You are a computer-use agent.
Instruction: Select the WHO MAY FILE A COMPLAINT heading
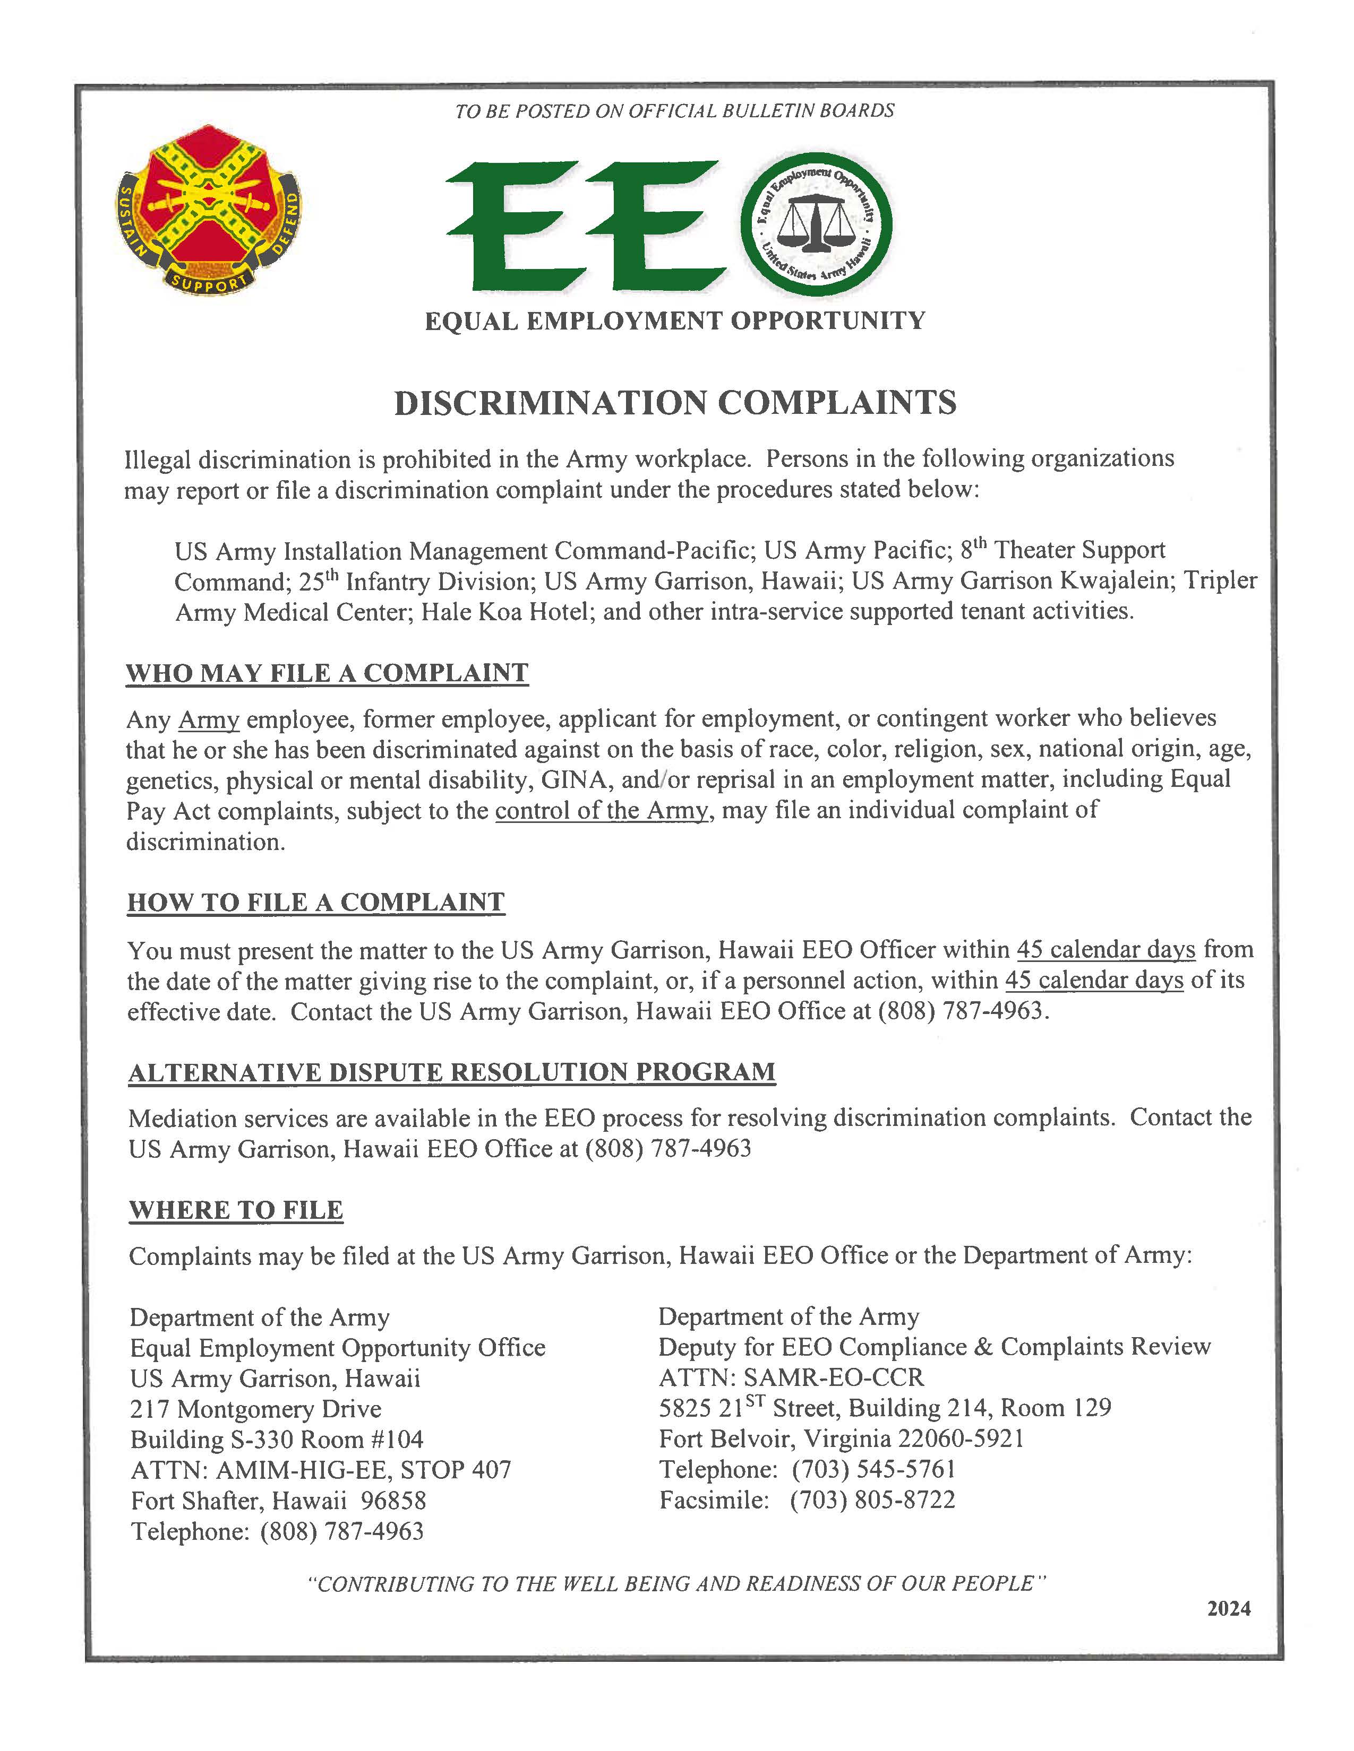coord(327,673)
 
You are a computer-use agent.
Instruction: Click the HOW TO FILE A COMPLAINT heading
coord(316,902)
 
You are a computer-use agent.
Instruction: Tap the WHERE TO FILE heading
coord(236,1210)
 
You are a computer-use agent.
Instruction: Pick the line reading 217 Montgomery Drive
coord(255,1409)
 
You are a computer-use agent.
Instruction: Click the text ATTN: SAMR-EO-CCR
coord(791,1377)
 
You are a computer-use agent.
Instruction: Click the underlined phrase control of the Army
coord(602,811)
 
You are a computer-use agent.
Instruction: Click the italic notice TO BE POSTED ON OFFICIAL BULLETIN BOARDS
coord(674,111)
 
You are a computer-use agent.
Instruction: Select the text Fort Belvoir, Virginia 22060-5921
coord(842,1438)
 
